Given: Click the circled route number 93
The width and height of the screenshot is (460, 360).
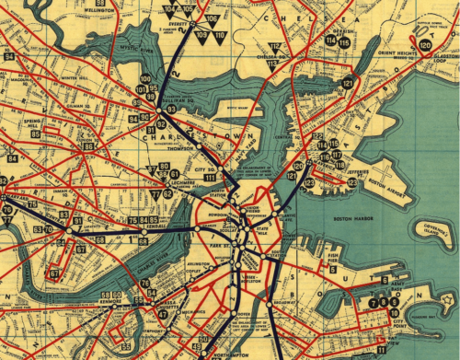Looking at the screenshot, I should tap(171, 109).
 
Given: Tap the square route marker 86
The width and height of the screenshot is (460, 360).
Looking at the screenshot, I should tap(88, 146).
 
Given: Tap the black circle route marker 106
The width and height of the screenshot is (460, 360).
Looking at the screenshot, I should tap(212, 19).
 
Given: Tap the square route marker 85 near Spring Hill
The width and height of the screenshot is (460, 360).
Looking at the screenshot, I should tap(36, 134).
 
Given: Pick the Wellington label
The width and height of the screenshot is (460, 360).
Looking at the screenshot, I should tap(129, 4).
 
